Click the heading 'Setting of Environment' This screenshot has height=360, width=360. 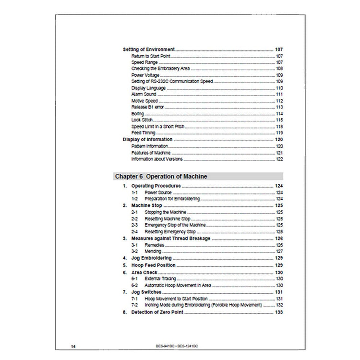(148, 50)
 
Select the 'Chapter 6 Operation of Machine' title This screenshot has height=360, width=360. (161, 177)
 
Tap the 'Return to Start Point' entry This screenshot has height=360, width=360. (151, 56)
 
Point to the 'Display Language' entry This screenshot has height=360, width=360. (148, 88)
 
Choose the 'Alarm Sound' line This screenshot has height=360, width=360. (144, 95)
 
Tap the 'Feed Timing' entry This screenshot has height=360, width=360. (143, 133)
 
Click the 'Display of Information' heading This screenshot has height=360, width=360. (147, 140)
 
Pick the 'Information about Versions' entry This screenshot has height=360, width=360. (156, 159)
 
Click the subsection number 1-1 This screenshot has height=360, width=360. (135, 192)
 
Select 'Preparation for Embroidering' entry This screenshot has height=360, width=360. (165, 199)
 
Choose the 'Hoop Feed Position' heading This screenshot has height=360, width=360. (153, 265)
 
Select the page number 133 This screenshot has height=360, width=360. (278, 312)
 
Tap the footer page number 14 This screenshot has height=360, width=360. (73, 346)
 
